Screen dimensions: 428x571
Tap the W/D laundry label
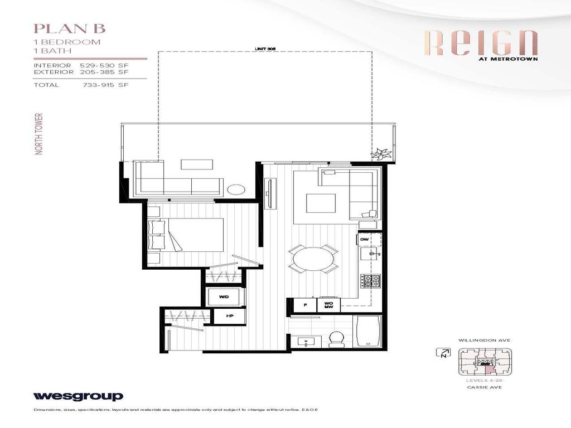click(x=224, y=297)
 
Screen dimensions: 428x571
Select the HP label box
click(x=229, y=315)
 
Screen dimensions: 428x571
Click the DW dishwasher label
click(x=365, y=239)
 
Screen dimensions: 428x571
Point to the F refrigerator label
click(x=305, y=305)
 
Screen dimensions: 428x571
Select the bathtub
click(x=367, y=332)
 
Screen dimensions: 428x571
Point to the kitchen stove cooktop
click(x=370, y=282)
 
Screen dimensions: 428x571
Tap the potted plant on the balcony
click(x=381, y=152)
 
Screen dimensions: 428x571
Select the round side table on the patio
click(x=236, y=189)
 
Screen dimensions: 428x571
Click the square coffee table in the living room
click(x=320, y=203)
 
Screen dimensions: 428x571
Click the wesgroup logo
click(x=78, y=396)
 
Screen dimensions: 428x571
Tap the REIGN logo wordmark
click(x=481, y=43)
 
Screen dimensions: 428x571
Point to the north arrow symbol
click(x=444, y=352)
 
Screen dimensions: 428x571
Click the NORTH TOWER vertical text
click(x=39, y=134)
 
